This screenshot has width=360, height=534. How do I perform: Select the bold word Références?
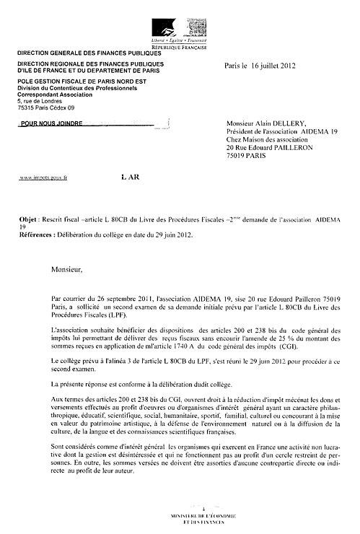coord(38,235)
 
